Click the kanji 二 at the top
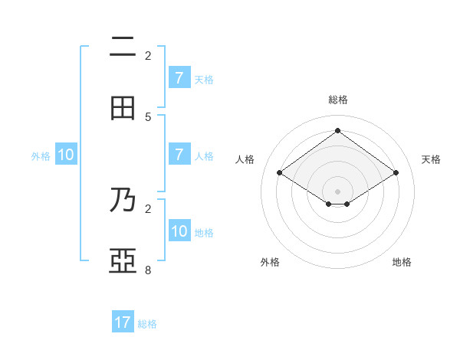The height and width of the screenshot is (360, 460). tap(123, 47)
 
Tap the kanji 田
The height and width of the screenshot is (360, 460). tap(123, 109)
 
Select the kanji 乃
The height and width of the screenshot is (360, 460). tap(123, 200)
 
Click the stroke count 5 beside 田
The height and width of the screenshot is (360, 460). tap(148, 116)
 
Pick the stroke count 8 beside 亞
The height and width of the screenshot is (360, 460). tap(148, 270)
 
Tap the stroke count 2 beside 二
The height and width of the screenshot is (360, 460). tap(148, 55)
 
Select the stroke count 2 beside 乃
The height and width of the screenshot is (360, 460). tap(148, 208)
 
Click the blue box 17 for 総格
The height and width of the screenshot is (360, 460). tap(123, 322)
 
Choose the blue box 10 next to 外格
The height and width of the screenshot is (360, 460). tap(66, 155)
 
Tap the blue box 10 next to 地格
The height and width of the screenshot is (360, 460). tap(179, 231)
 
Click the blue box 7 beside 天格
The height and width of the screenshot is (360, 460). tap(179, 77)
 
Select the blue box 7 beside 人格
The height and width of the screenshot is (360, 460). tap(179, 155)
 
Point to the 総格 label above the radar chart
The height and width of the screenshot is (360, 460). tap(338, 100)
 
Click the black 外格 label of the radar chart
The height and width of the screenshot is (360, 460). tap(270, 262)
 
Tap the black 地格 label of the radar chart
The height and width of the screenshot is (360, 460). tap(402, 262)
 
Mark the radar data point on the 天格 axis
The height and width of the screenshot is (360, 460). tap(396, 173)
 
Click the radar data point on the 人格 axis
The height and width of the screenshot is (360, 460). tap(280, 173)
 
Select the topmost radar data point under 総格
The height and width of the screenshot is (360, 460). tap(337, 131)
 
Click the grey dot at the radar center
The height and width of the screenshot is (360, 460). tap(337, 191)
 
